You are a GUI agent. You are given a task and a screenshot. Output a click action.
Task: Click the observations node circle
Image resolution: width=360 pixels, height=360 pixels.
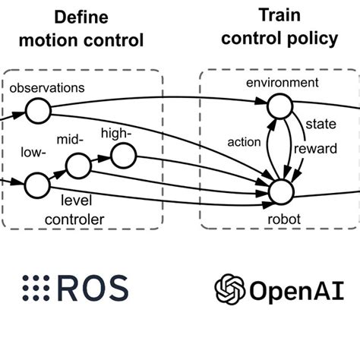(38, 111)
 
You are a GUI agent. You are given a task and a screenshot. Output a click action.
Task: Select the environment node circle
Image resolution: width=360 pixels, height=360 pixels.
(280, 106)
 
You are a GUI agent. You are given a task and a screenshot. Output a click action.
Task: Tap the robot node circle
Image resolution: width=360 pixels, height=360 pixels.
(281, 192)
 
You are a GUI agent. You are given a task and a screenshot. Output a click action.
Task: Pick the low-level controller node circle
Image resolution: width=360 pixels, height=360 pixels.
(37, 185)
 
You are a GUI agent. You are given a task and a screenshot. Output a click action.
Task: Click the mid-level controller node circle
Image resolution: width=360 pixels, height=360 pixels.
(78, 166)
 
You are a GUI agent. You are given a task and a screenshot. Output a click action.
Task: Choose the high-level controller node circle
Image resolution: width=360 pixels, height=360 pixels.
(124, 156)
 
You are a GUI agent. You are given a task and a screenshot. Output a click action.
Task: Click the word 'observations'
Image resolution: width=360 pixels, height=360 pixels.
(47, 88)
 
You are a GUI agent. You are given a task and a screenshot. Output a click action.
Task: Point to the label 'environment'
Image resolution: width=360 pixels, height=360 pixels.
(283, 83)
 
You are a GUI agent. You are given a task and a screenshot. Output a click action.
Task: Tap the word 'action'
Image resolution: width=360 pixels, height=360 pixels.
(244, 142)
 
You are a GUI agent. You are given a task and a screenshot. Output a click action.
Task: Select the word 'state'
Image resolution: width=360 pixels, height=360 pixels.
(321, 124)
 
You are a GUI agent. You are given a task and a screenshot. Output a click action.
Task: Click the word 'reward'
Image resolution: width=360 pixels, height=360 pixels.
(315, 148)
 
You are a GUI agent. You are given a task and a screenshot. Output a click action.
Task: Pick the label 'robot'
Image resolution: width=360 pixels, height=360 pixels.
(284, 219)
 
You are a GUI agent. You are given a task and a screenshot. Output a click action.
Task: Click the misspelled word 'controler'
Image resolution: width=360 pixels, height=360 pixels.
(74, 219)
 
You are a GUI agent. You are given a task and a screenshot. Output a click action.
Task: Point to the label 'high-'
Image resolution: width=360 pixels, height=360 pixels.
(116, 133)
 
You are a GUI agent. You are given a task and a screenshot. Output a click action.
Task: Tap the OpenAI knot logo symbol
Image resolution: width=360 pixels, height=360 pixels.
(230, 289)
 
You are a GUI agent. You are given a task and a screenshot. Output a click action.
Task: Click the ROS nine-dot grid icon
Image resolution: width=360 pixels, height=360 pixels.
(36, 288)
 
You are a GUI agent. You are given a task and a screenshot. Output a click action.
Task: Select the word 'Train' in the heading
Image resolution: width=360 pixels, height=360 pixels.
(279, 15)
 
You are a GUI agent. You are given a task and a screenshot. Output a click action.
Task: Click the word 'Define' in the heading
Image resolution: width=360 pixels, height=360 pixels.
(81, 17)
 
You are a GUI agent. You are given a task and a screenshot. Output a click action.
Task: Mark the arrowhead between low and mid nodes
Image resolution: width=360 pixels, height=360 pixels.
(59, 175)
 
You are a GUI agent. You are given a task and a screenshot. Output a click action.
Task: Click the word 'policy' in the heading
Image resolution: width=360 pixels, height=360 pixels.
(313, 39)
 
